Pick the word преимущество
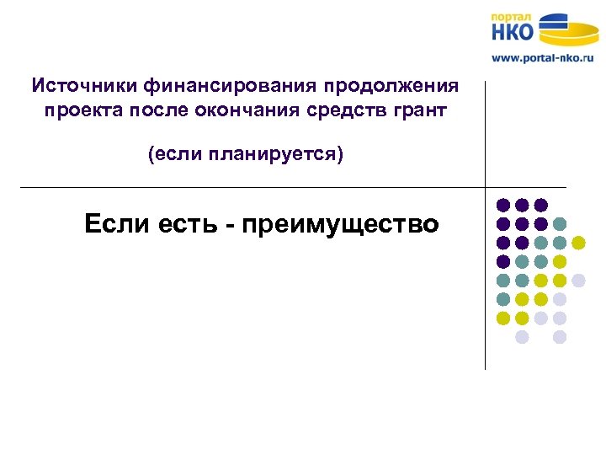[340, 225]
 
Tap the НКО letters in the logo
[513, 32]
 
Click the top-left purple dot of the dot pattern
[502, 205]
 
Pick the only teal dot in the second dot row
[560, 224]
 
